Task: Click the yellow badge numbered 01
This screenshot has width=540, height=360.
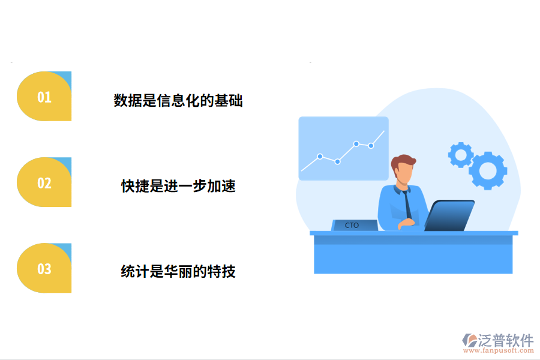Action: [44, 97]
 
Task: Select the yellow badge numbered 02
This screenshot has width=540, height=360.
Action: [44, 182]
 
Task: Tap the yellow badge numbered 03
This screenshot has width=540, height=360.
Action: [44, 268]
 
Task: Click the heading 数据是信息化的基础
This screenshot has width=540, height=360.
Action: [178, 100]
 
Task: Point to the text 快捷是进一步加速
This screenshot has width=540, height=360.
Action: [178, 186]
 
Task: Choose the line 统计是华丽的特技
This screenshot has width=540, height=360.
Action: [178, 272]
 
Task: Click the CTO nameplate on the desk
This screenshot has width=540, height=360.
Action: [353, 225]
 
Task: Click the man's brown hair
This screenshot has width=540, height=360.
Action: [402, 161]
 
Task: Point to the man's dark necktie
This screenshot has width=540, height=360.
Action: [407, 204]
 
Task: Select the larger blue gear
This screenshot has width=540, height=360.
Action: [487, 170]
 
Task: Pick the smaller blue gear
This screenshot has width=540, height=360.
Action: [461, 155]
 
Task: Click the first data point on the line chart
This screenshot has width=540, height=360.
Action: [320, 156]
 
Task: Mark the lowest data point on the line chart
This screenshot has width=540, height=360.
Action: [337, 161]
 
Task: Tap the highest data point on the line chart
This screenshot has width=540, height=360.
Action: [356, 143]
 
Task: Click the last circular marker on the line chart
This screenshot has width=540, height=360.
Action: [371, 145]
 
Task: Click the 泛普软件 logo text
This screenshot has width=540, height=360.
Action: [506, 340]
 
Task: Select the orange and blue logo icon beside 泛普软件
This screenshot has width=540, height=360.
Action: [469, 341]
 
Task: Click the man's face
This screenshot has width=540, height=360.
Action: [404, 175]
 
